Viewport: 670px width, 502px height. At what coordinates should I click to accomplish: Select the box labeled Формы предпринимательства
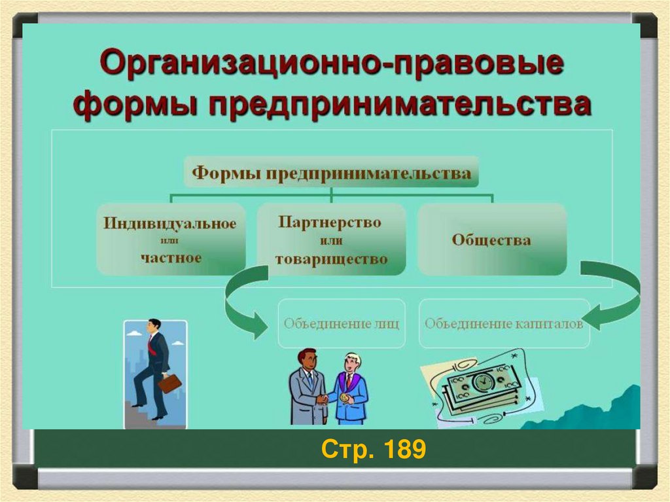(x=331, y=173)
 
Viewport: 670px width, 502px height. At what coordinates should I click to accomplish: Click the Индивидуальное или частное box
(x=171, y=240)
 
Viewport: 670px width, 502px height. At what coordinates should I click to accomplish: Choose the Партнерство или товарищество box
(x=331, y=240)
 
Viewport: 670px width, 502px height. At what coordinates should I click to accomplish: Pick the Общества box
(x=491, y=240)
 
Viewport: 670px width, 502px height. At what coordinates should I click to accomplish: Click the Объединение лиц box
(x=342, y=323)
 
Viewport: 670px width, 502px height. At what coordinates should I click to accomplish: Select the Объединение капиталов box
(x=504, y=323)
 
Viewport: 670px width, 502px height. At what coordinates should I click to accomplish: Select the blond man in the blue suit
(x=350, y=389)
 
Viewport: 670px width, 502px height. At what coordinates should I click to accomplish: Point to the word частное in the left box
(x=171, y=257)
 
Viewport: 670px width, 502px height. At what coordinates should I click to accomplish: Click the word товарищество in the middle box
(x=331, y=259)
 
